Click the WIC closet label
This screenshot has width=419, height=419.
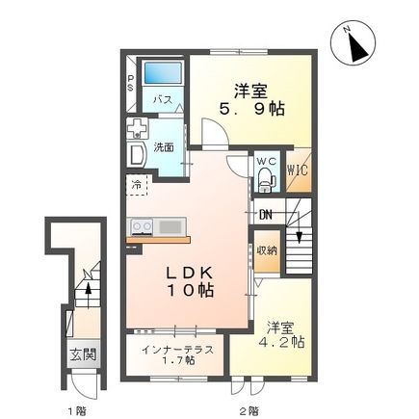(298, 172)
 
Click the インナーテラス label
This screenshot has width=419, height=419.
(172, 348)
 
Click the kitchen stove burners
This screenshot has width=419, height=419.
(141, 226)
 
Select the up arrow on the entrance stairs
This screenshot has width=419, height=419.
(89, 285)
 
